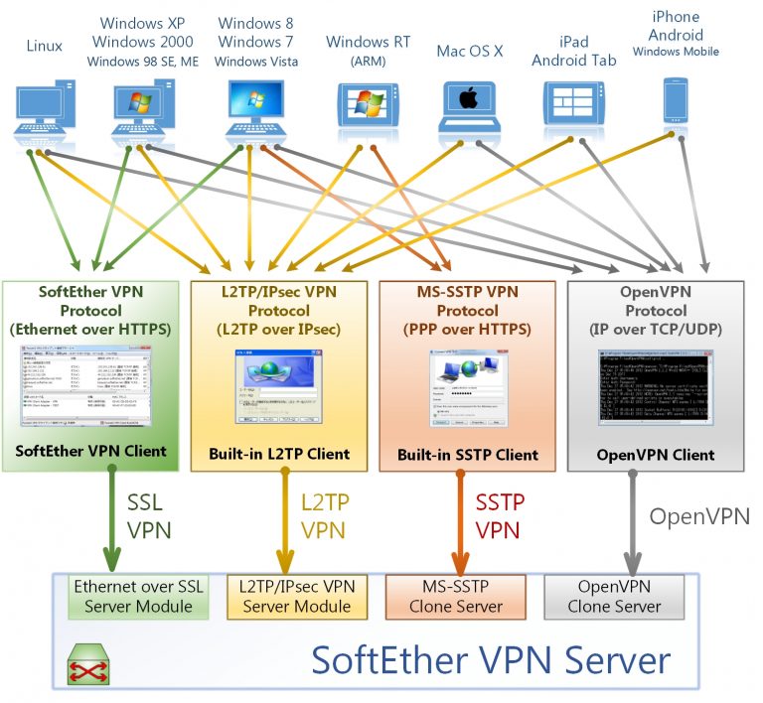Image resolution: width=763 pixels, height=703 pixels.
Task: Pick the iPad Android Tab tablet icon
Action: point(572,105)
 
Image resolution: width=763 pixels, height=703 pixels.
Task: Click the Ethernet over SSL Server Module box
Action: point(138,596)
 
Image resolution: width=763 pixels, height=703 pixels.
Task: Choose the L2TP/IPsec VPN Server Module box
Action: point(296,596)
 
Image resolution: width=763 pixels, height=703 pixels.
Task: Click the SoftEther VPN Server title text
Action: point(491,658)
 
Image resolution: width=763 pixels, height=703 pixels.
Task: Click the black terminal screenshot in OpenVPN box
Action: point(654,387)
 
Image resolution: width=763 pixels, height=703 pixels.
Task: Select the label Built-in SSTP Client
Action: point(467,455)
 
